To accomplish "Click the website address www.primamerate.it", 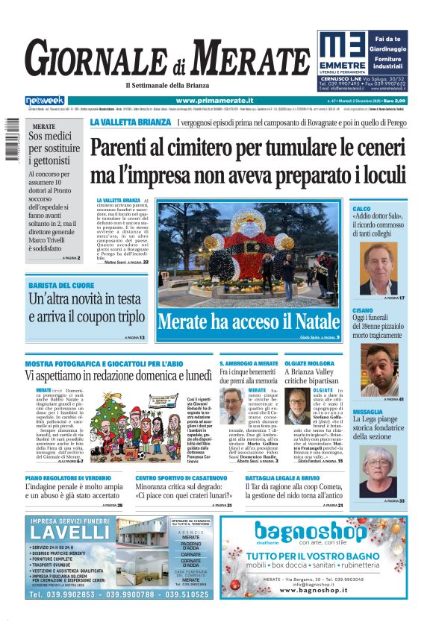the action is tap(214, 101).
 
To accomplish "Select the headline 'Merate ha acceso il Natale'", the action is tap(249, 322).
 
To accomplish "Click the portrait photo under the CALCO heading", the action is tap(379, 269).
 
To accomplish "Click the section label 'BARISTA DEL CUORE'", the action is tap(61, 286).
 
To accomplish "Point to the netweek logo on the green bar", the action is tap(46, 101).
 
